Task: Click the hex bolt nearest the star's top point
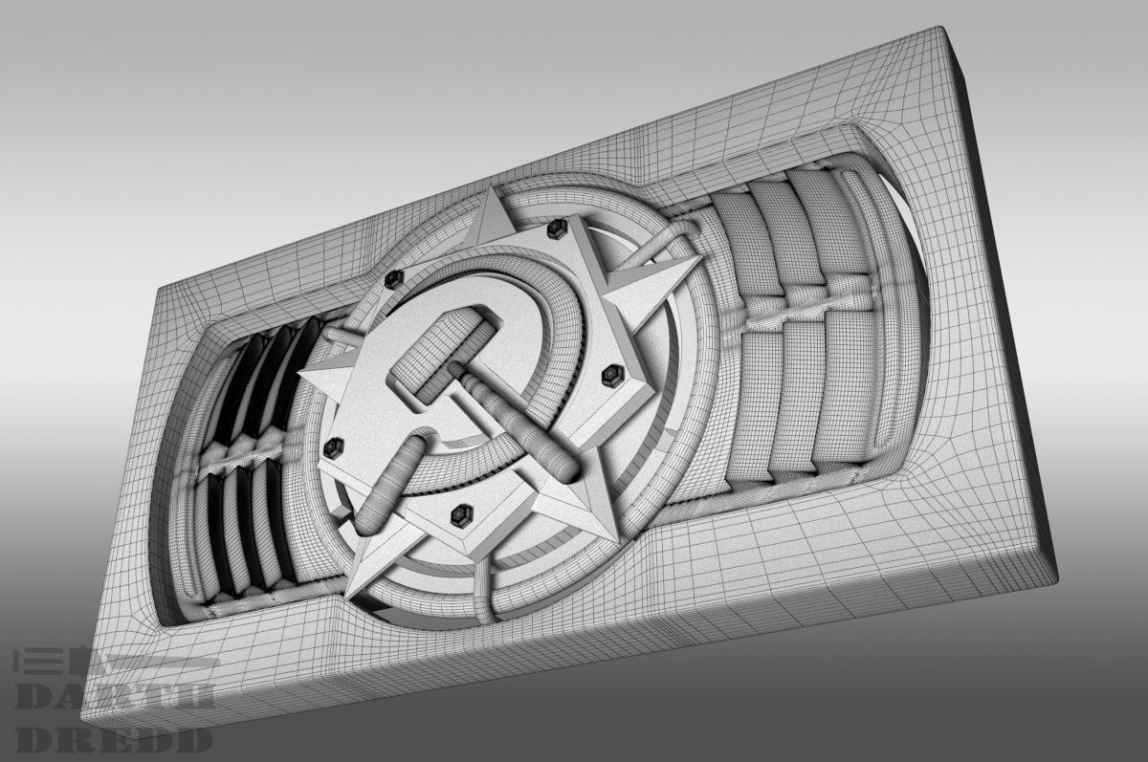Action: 554,229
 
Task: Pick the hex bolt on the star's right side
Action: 609,377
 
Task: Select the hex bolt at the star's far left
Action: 335,446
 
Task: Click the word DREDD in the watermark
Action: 114,739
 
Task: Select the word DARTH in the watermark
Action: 114,697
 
